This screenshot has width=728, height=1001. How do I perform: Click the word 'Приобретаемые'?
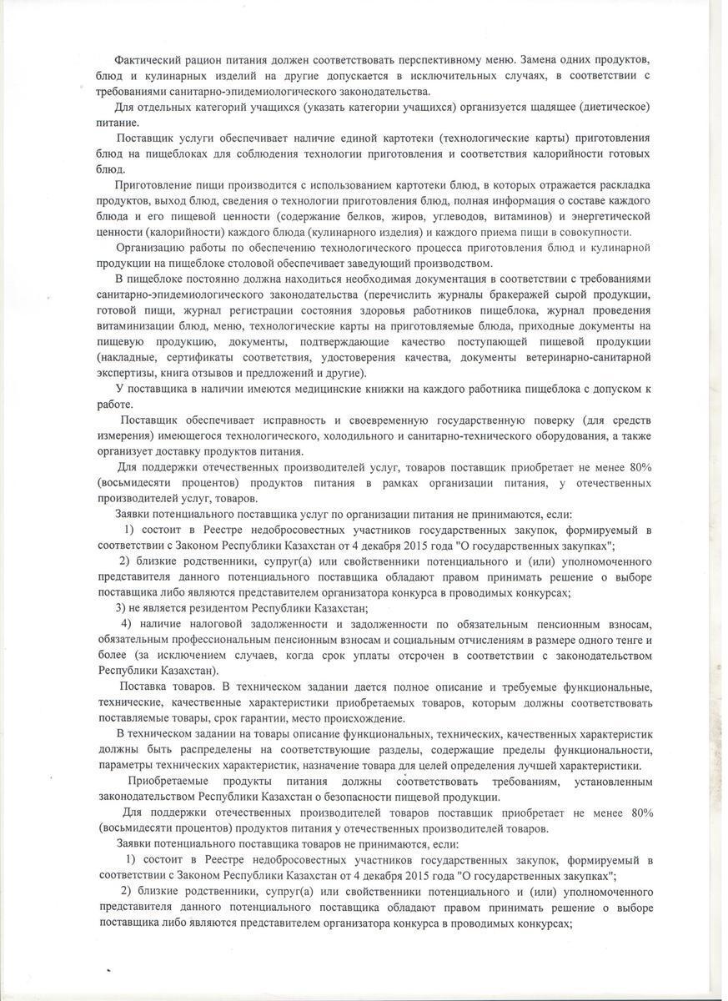click(x=169, y=781)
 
